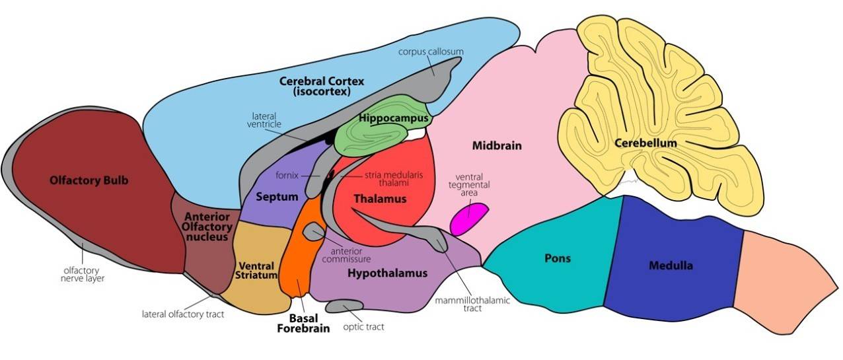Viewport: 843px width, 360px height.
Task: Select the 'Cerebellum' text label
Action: [x=645, y=143]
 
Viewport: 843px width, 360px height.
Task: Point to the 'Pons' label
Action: [x=557, y=258]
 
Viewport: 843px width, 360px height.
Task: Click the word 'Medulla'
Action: [x=670, y=266]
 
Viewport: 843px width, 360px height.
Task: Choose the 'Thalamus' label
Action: [x=379, y=198]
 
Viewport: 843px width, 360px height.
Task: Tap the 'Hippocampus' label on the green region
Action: [x=394, y=118]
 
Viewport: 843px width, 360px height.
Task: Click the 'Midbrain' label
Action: [x=497, y=145]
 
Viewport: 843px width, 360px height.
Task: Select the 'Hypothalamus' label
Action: [x=387, y=273]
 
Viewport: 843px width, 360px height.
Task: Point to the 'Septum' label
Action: [x=277, y=196]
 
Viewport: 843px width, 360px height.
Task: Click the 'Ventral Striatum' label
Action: [x=256, y=270]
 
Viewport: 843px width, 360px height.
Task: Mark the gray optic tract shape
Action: [x=344, y=306]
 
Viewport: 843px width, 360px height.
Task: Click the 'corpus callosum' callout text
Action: [x=431, y=51]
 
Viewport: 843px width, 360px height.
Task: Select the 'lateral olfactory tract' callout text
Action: [x=183, y=314]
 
